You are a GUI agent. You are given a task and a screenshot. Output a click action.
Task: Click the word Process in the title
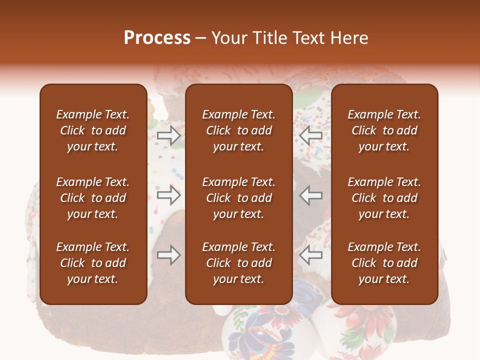click(157, 38)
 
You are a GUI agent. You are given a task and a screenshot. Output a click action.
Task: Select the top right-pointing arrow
click(169, 135)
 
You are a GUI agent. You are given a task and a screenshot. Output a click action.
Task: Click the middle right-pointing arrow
click(169, 195)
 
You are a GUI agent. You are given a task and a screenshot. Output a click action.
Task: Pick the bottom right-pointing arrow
click(169, 255)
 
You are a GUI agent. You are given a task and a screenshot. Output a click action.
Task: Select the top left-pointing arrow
click(311, 135)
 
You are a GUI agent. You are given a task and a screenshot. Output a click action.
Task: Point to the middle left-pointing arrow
click(311, 195)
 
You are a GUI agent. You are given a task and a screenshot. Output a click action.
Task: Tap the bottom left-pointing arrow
click(311, 255)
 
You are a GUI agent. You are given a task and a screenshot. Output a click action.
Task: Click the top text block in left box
click(93, 130)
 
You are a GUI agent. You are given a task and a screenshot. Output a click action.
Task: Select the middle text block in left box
click(93, 198)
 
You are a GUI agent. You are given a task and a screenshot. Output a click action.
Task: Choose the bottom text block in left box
click(93, 263)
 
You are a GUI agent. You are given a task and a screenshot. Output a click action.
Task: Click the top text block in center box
click(239, 130)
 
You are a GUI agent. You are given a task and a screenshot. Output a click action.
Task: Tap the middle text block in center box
click(239, 198)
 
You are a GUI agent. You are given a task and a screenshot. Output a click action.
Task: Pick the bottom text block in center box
click(239, 263)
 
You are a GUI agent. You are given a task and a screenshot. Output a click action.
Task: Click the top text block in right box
click(384, 130)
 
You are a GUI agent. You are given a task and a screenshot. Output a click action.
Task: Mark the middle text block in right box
click(384, 198)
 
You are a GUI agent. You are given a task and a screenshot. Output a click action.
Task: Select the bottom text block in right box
click(384, 263)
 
